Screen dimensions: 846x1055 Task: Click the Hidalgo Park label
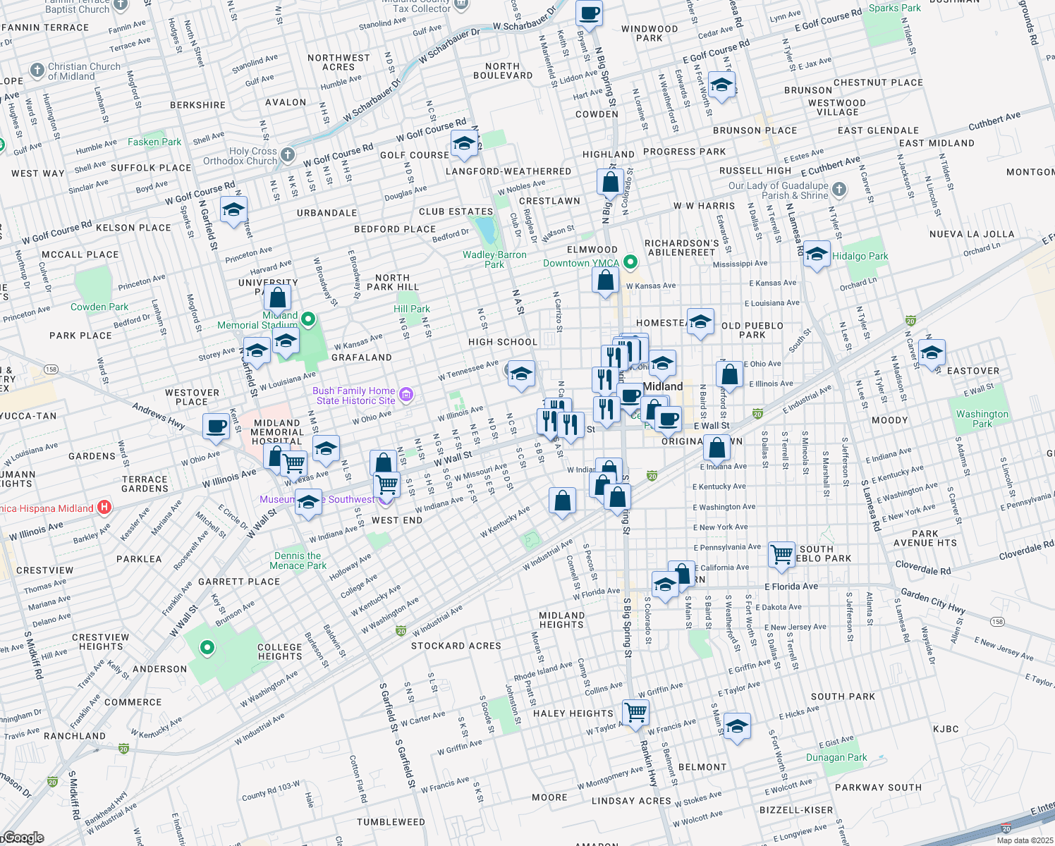point(860,256)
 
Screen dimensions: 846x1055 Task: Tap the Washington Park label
point(982,419)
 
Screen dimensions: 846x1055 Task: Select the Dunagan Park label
point(836,757)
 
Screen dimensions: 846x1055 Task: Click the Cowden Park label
point(99,307)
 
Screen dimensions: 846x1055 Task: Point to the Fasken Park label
point(154,142)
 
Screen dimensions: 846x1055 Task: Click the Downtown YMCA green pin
point(630,263)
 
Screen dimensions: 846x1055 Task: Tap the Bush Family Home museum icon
point(405,395)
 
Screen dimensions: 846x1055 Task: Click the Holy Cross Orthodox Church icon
point(287,154)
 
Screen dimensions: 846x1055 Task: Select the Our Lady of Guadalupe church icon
point(838,189)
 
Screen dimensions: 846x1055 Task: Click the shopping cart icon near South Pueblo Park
point(781,553)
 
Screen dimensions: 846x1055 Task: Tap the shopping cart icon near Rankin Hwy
point(635,711)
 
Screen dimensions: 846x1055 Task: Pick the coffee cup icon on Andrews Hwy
point(217,425)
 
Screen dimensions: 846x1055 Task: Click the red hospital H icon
point(104,507)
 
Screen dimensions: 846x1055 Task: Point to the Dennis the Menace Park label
point(298,560)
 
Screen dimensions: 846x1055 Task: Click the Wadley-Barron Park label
point(494,259)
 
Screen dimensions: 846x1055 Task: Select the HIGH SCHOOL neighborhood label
point(503,342)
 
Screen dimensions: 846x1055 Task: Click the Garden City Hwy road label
point(933,601)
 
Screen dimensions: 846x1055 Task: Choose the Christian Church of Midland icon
point(37,70)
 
